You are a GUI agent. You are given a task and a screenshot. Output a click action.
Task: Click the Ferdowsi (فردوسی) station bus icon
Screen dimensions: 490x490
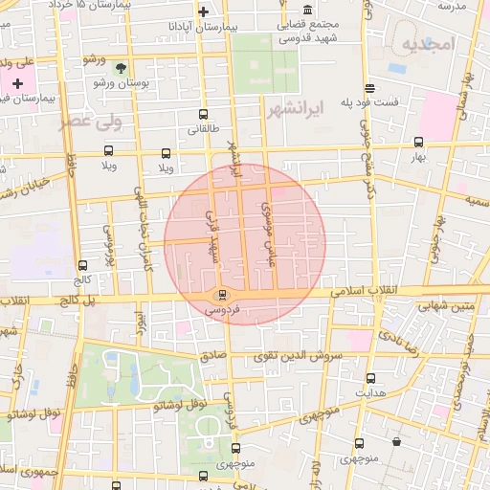(222, 294)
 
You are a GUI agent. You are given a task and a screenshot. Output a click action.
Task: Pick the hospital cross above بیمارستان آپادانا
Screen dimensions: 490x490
(203, 12)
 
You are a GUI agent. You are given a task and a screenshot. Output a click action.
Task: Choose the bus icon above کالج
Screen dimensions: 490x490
(83, 266)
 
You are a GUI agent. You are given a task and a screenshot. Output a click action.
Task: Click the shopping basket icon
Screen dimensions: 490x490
(397, 442)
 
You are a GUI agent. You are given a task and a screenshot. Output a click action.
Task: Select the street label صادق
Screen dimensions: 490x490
(213, 355)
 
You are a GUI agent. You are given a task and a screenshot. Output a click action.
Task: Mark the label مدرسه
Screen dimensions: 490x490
(452, 6)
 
